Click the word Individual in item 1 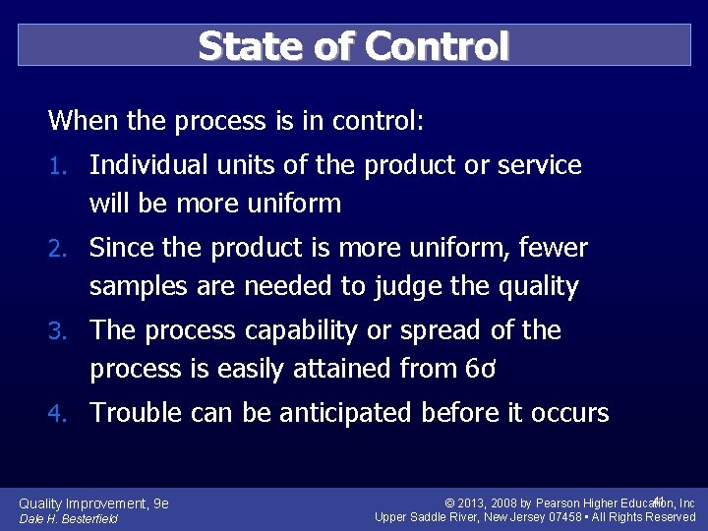(148, 165)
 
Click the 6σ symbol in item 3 (476, 370)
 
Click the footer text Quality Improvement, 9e (94, 503)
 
